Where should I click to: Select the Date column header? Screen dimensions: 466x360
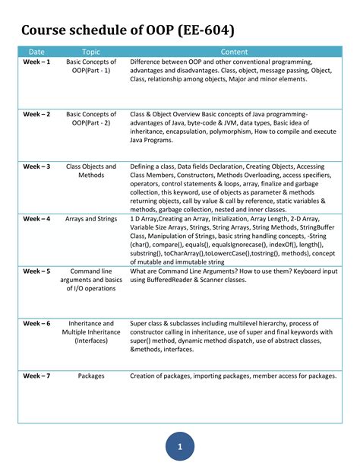(x=36, y=52)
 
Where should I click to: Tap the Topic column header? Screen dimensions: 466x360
(x=91, y=52)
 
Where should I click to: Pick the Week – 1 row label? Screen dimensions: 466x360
(x=36, y=62)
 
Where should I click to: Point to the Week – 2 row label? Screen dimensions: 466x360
(x=36, y=114)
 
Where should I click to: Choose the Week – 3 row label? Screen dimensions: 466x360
(x=36, y=166)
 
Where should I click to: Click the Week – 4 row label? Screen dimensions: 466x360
(x=36, y=219)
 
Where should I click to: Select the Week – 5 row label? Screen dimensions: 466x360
(x=36, y=271)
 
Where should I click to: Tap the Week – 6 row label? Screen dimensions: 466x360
(x=36, y=323)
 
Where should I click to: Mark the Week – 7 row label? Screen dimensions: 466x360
(x=36, y=376)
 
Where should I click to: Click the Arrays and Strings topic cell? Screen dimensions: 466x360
(x=91, y=219)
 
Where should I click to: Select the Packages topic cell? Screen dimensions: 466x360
(x=91, y=376)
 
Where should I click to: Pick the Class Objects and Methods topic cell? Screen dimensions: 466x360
(x=91, y=171)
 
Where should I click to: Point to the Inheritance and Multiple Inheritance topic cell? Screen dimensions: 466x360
(x=91, y=332)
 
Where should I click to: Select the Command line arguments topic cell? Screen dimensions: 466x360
(x=91, y=280)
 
